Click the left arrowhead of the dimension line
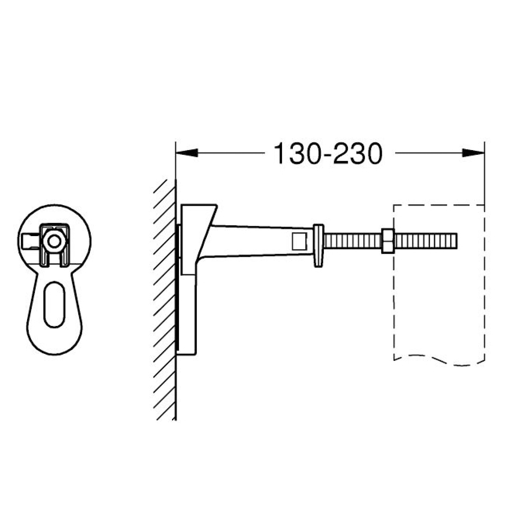[x=187, y=153]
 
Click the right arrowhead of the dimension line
[x=473, y=153]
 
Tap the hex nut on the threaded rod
[x=388, y=240]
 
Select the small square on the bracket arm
[x=299, y=241]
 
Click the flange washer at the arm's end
[x=318, y=246]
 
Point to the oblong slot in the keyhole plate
[x=54, y=304]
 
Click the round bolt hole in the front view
[x=54, y=242]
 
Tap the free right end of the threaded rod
[x=457, y=240]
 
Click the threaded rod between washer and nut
[x=353, y=240]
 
